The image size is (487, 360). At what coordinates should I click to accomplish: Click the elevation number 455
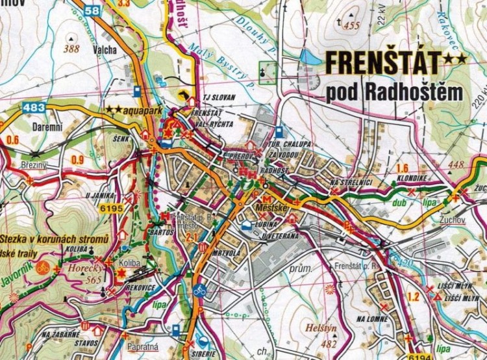tap(352, 26)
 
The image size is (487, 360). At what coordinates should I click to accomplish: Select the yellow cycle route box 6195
tap(112, 208)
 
